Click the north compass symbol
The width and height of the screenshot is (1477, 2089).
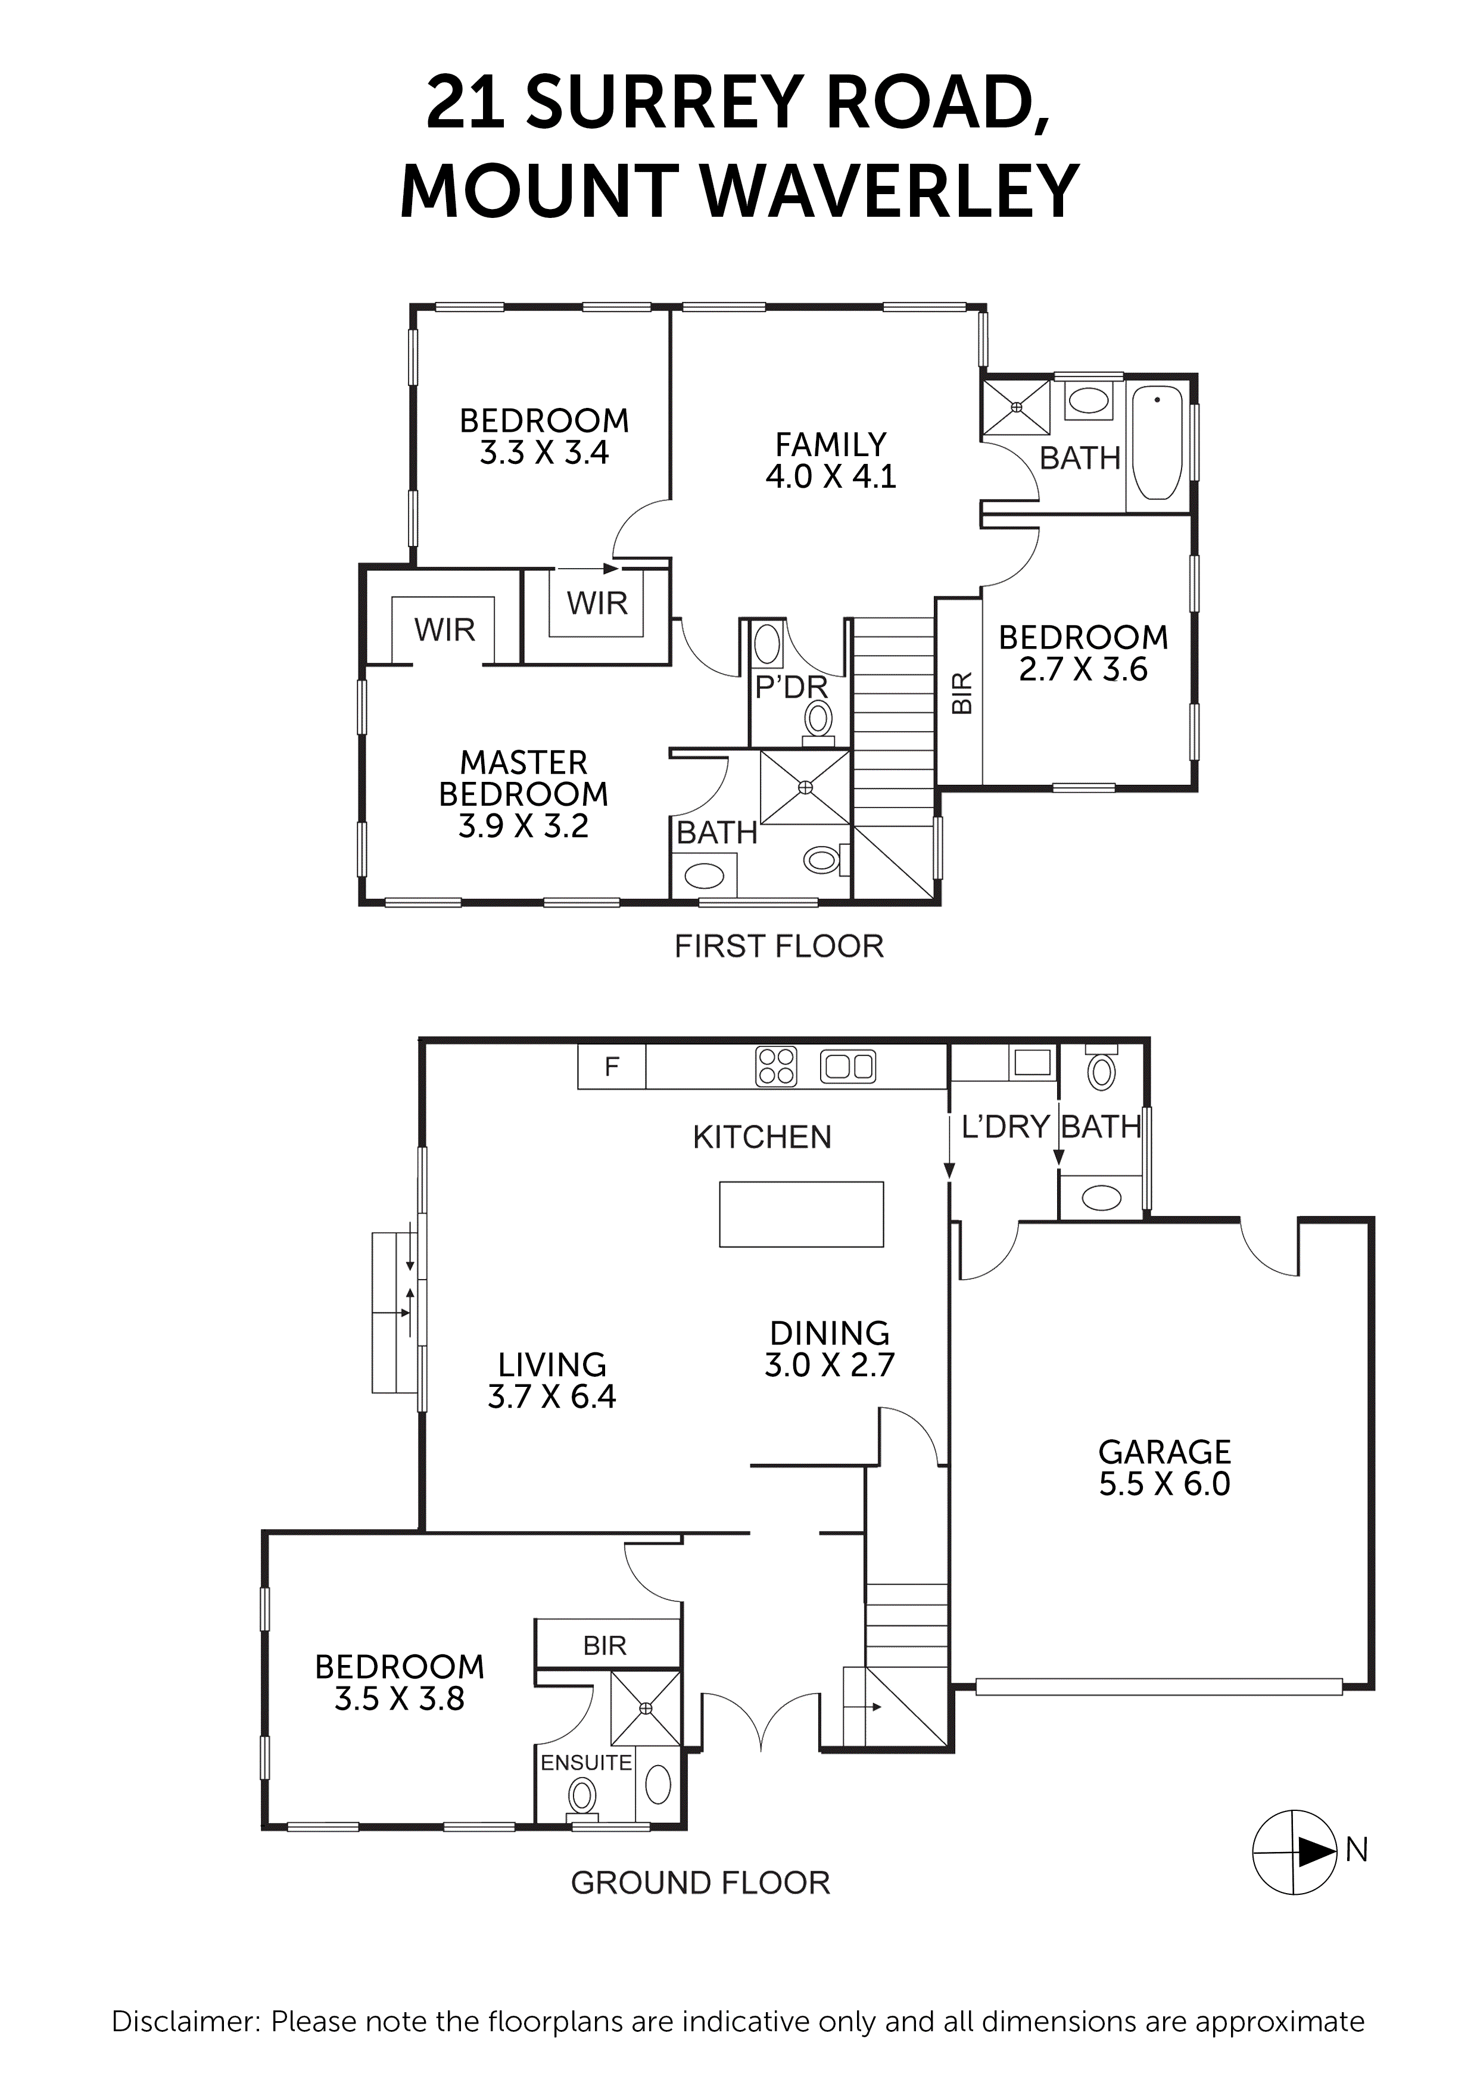[x=1294, y=1851]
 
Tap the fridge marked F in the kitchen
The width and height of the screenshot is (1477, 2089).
[x=612, y=1067]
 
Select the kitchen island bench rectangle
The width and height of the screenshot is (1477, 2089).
[x=801, y=1214]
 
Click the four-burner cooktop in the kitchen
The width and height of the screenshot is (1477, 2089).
[x=776, y=1067]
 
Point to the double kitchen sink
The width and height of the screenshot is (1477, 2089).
[x=848, y=1067]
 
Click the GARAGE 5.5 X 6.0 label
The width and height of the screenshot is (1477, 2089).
[x=1164, y=1467]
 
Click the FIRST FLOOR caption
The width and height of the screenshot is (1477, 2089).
[x=778, y=946]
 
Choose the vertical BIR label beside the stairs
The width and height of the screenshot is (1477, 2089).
[x=962, y=693]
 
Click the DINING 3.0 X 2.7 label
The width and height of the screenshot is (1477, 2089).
[x=829, y=1348]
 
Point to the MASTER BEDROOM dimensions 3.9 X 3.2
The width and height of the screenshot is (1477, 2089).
[x=524, y=826]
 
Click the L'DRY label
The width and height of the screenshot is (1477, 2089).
[x=1005, y=1127]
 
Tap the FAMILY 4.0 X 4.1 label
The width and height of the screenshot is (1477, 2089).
[x=830, y=460]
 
